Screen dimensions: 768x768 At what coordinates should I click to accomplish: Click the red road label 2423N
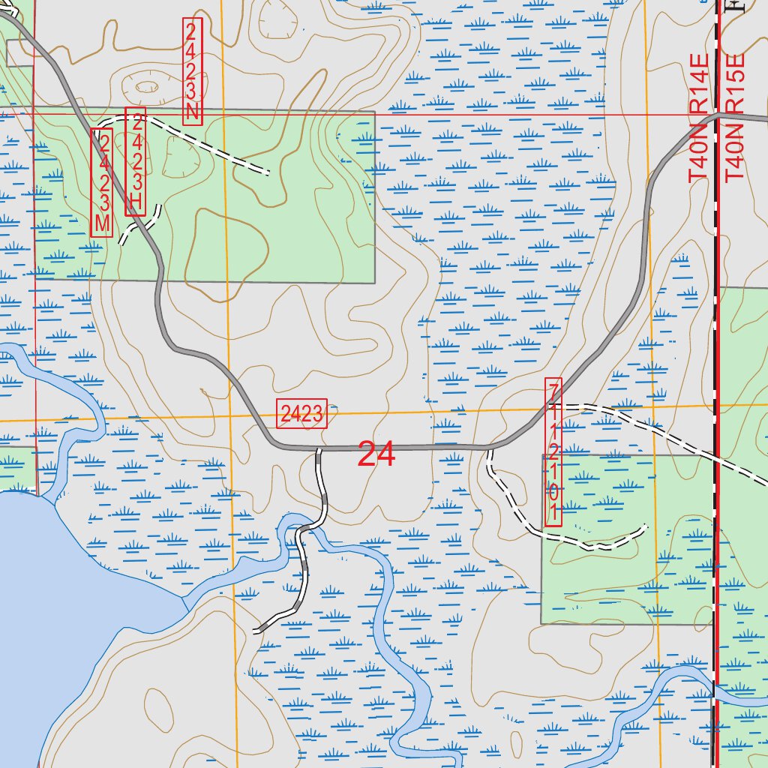coord(193,72)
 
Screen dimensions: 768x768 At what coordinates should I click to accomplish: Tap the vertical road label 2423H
coord(136,162)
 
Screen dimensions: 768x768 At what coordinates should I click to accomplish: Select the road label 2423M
coord(102,183)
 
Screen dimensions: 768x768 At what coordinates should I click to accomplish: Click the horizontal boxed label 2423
coord(302,413)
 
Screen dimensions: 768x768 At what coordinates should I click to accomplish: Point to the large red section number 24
coord(376,454)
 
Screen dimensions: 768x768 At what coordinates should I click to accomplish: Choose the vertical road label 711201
coord(553,452)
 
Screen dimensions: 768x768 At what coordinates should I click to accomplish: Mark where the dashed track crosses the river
coord(306,530)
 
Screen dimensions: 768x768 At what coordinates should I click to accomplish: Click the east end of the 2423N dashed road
coord(267,173)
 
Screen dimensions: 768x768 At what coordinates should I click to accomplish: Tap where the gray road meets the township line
coord(717,115)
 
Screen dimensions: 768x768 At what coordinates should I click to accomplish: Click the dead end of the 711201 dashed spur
coord(645,527)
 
